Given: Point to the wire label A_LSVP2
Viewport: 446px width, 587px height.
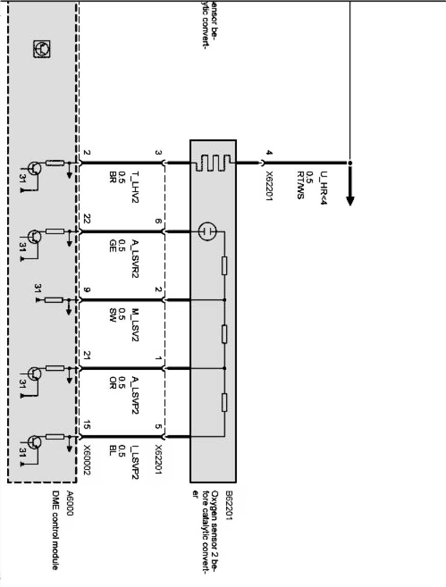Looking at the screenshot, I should coord(136,395).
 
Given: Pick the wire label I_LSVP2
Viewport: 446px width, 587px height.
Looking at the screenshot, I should coord(136,463).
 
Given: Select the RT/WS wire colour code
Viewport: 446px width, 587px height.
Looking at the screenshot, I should coord(301,186).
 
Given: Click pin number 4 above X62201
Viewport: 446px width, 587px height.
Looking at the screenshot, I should coord(269,152).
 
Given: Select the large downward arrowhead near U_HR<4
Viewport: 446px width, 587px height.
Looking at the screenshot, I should coord(350,199).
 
